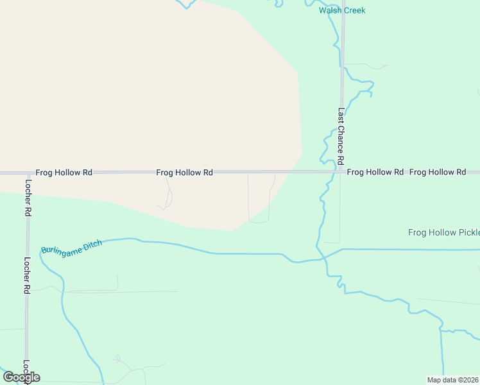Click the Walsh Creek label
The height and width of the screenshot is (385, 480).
pyautogui.click(x=342, y=10)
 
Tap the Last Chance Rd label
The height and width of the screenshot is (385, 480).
pyautogui.click(x=341, y=135)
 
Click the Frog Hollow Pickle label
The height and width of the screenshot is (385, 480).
pyautogui.click(x=443, y=232)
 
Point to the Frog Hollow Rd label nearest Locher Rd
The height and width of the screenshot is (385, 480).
pyautogui.click(x=64, y=173)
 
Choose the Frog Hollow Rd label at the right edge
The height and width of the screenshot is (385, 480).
pyautogui.click(x=437, y=172)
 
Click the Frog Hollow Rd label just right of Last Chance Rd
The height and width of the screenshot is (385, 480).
pyautogui.click(x=375, y=172)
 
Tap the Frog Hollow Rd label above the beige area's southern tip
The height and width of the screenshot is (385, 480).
pyautogui.click(x=185, y=173)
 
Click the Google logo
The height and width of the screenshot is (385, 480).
pyautogui.click(x=21, y=377)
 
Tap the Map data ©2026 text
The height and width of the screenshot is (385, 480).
pyautogui.click(x=453, y=380)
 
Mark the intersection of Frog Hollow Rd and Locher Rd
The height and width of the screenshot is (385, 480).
pyautogui.click(x=28, y=173)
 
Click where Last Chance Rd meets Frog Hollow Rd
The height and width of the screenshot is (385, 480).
pyautogui.click(x=341, y=172)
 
